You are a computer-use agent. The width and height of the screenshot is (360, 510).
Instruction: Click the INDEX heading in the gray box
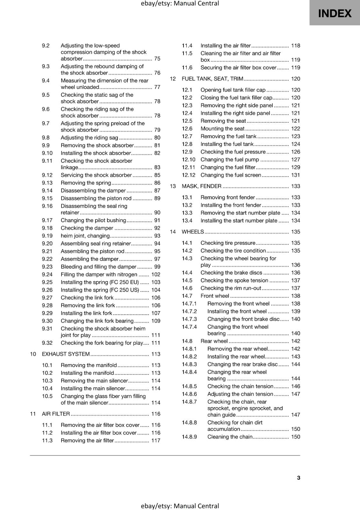(x=335, y=13)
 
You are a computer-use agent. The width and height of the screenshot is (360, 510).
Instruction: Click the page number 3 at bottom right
(x=298, y=477)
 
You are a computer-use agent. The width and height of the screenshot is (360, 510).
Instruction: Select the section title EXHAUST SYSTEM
(x=66, y=354)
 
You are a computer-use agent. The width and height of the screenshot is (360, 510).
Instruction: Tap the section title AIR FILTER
(x=56, y=414)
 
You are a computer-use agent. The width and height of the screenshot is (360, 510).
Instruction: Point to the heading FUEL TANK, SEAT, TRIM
(x=212, y=79)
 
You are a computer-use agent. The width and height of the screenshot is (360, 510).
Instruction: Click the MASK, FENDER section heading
(x=201, y=186)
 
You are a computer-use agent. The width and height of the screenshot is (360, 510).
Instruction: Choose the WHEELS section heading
(x=192, y=232)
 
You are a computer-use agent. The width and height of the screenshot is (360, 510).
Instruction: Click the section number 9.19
(x=47, y=236)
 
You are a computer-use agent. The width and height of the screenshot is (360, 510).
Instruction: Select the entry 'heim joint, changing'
(x=85, y=236)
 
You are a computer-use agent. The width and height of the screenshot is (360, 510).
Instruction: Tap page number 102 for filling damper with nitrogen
(x=156, y=274)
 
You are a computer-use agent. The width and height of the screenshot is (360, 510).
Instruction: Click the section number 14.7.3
(x=189, y=319)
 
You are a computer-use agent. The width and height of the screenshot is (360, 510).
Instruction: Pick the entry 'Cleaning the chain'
(x=230, y=437)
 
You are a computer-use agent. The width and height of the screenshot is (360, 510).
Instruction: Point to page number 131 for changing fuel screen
(x=295, y=175)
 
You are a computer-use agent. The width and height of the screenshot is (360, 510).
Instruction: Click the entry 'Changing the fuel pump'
(x=230, y=159)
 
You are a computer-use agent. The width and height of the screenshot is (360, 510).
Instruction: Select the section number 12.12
(x=189, y=175)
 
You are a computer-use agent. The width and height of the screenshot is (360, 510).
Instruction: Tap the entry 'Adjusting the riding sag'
(x=89, y=138)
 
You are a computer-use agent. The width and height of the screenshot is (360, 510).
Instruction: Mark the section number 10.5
(x=47, y=396)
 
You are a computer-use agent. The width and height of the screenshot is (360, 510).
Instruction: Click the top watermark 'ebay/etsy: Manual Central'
(x=180, y=4)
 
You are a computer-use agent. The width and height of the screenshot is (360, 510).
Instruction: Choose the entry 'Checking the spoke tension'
(x=234, y=280)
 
